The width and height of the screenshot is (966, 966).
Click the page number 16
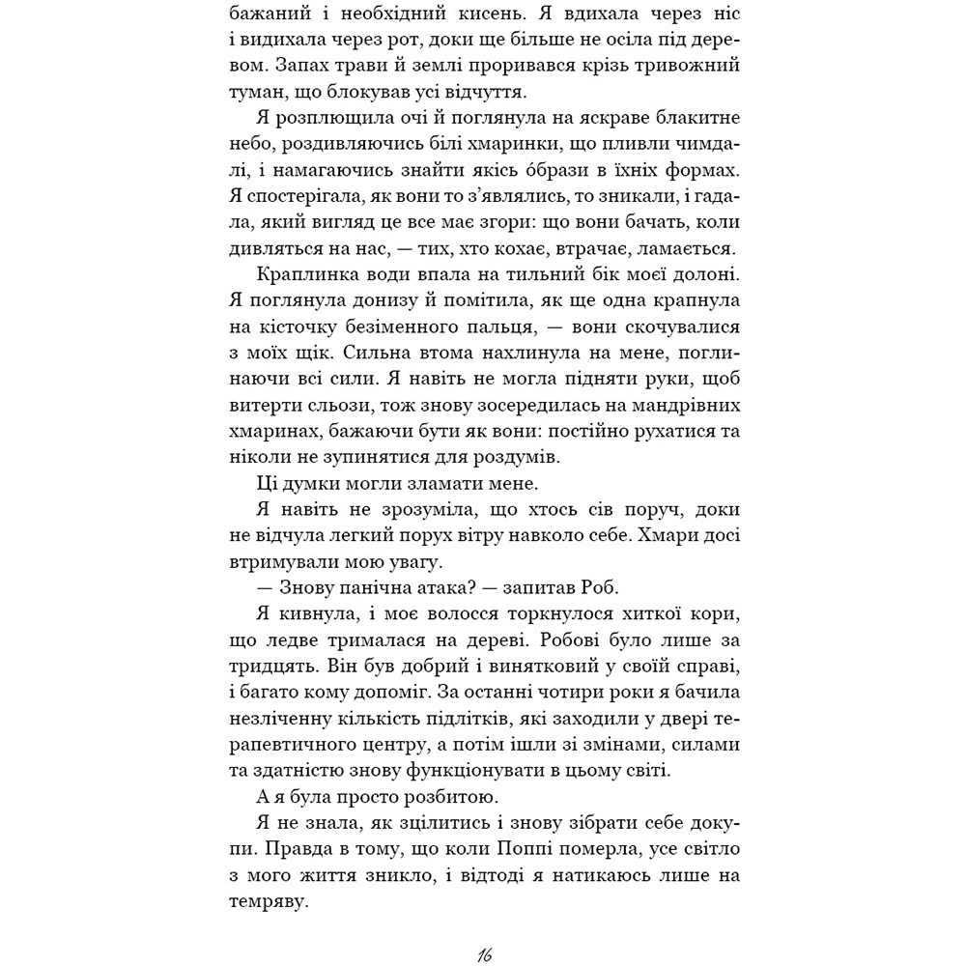(484, 954)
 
